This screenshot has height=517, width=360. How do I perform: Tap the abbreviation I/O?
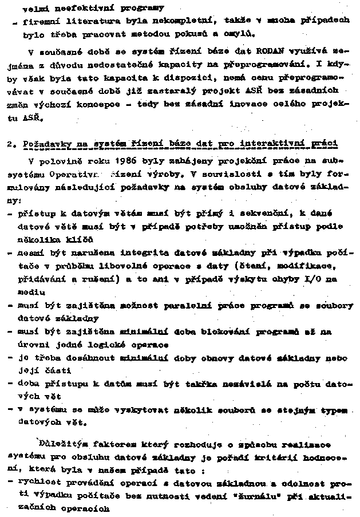(327, 278)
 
